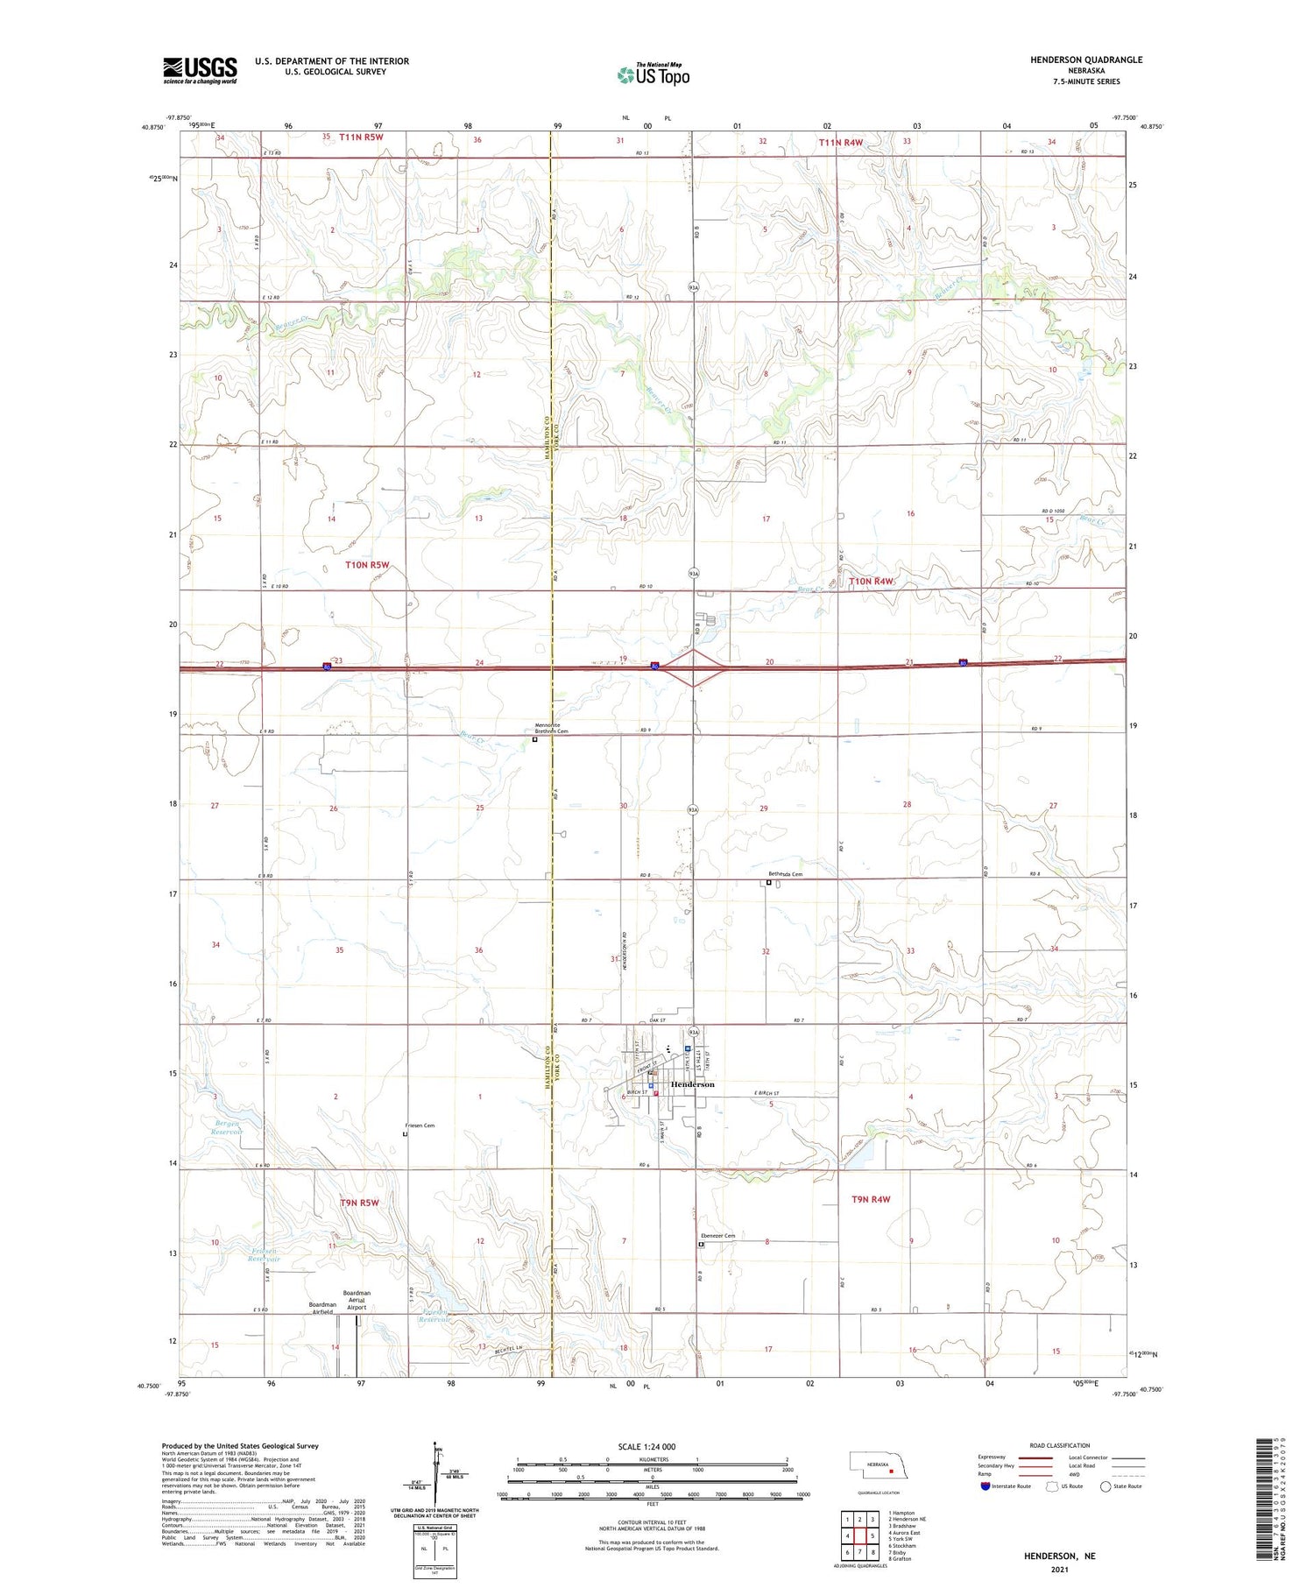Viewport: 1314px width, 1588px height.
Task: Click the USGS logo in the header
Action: (200, 70)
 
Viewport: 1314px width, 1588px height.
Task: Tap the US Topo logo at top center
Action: (653, 75)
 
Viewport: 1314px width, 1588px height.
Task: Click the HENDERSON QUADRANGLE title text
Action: (1086, 60)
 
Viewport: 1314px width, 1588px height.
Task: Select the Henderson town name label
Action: (692, 1084)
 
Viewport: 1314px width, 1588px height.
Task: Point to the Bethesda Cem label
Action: (785, 874)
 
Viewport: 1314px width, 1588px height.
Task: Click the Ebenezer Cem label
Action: (717, 1235)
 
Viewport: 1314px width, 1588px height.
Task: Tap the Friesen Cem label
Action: (420, 1126)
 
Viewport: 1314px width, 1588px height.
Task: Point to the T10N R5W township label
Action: (367, 565)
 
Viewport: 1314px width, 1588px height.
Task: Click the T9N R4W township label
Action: (871, 1199)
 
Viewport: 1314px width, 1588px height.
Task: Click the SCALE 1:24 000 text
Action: (646, 1446)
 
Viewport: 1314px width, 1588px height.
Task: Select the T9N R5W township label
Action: (359, 1203)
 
